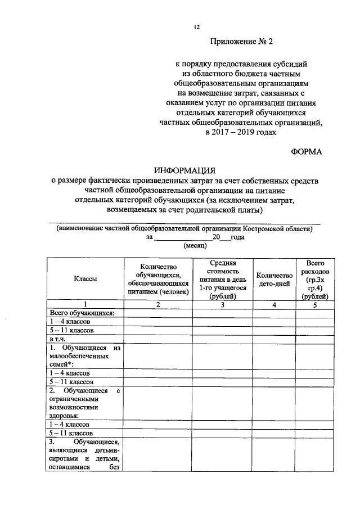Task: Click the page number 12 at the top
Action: point(197,26)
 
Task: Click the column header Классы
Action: point(84,280)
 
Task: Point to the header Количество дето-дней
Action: point(274,280)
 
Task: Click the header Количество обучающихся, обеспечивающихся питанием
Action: point(157,280)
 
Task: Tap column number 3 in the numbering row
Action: point(223,304)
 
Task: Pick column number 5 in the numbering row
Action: point(315,304)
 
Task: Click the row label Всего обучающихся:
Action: point(82,313)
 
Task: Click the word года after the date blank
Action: point(237,237)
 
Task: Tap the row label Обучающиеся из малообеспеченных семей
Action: point(84,356)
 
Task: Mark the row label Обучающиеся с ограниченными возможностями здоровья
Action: point(84,404)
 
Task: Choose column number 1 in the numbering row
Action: point(84,304)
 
